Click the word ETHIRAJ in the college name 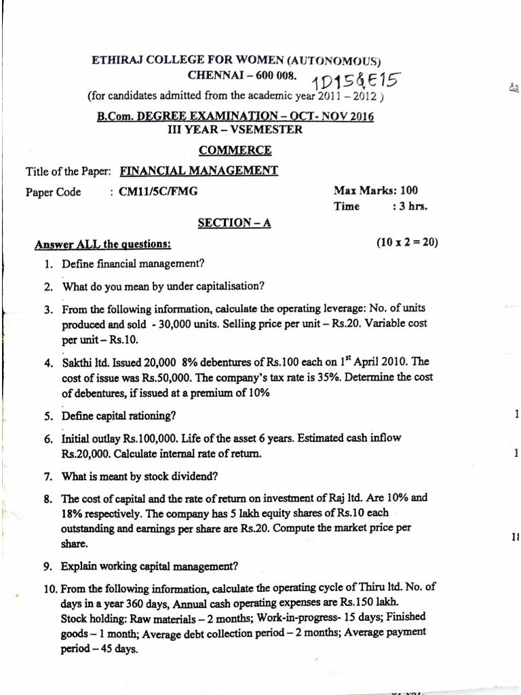coord(116,60)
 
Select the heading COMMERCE coord(235,150)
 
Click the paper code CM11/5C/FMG coord(158,191)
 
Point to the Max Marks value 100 coord(409,190)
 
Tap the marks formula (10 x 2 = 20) coord(407,241)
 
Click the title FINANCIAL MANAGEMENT coord(198,171)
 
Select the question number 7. coord(48,476)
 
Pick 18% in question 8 coord(72,512)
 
